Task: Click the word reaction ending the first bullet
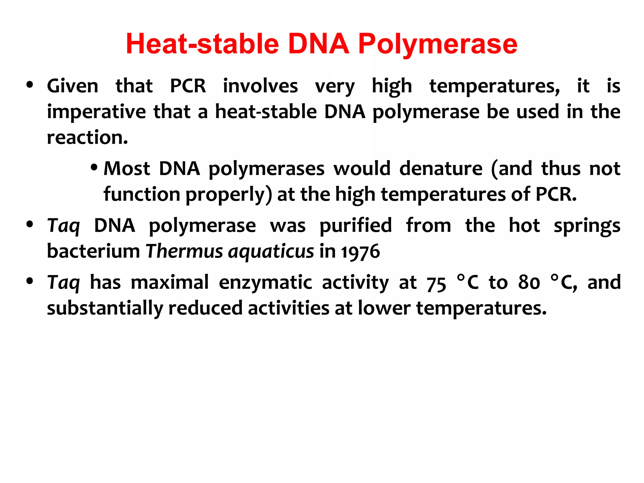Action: pos(87,137)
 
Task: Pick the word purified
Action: pos(356,225)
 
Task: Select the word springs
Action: pos(587,226)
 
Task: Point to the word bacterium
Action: pos(93,251)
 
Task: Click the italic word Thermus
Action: pos(184,251)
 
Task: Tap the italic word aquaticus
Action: pos(271,252)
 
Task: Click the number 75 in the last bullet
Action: pos(436,283)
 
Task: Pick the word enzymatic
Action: pos(265,283)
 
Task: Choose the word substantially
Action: pos(105,308)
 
